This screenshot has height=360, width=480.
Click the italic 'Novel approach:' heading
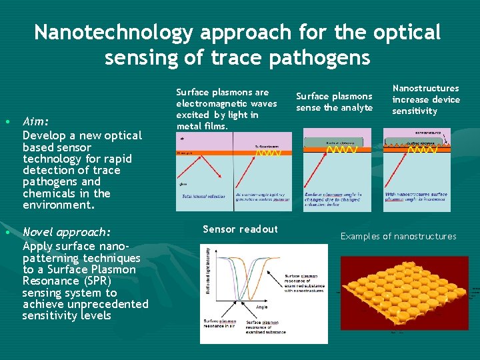tap(67, 232)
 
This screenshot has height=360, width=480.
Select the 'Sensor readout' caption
tap(240, 229)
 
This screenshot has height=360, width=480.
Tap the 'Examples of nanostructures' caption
tap(398, 236)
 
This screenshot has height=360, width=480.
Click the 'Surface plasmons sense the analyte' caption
tap(334, 102)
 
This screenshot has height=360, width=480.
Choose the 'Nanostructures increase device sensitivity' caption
tap(425, 99)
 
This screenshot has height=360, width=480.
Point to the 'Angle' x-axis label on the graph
tap(263, 307)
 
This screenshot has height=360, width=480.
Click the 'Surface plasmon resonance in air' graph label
tap(219, 325)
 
